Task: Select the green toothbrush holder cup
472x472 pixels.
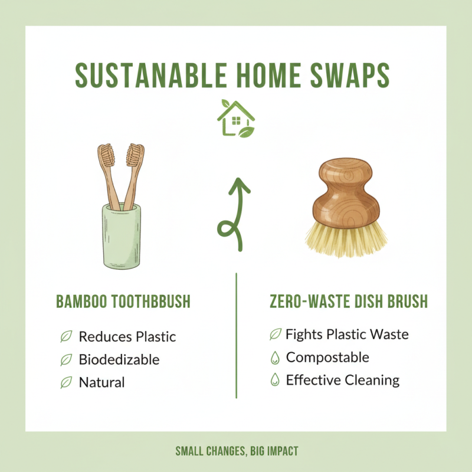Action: pos(122,235)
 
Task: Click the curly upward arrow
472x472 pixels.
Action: pos(234,212)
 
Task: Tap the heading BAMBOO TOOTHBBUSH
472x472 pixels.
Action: pos(123,302)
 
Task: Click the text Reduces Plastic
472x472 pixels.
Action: pos(127,337)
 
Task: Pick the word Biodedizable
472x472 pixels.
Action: pos(119,359)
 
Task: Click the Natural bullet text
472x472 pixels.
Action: pos(101,382)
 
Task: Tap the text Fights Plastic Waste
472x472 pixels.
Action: pos(347,335)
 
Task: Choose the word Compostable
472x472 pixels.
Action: pos(327,357)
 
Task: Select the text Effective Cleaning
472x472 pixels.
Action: pos(343,380)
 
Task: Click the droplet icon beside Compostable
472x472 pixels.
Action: pos(274,358)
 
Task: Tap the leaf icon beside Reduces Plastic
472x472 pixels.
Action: pos(66,337)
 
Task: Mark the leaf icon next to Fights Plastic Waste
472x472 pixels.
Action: pos(274,335)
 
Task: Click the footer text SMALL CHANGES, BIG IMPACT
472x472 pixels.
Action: pos(237,451)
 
